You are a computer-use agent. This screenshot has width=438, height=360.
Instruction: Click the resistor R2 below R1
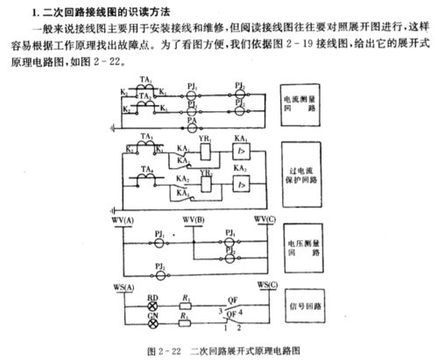point(187,321)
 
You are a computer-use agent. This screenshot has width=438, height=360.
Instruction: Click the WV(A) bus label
point(126,219)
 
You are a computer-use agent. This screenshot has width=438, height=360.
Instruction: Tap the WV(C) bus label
point(265,219)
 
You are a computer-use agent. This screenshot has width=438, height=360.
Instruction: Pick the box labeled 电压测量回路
point(306,244)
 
